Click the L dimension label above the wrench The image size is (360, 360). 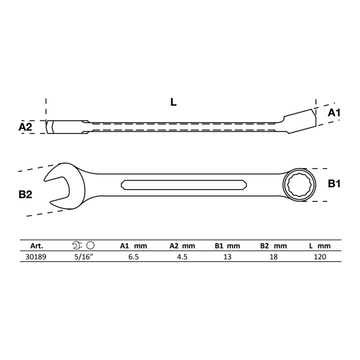173,102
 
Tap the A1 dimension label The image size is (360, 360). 334,112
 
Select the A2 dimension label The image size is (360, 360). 25,126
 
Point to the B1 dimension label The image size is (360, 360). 334,183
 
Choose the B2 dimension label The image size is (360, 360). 25,194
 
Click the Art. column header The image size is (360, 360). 36,246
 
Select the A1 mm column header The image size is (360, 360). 133,246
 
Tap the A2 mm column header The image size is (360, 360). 182,246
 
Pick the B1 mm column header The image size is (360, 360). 227,246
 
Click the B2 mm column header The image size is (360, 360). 273,246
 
